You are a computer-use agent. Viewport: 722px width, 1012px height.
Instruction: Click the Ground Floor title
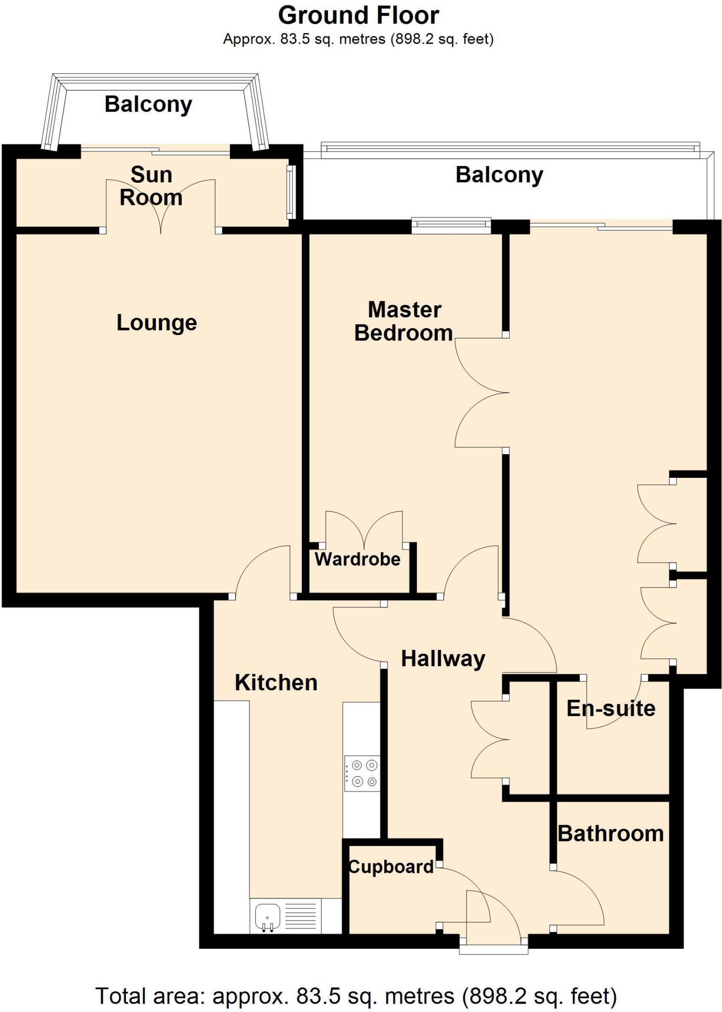tap(358, 16)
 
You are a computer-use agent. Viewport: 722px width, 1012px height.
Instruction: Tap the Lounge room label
tap(157, 323)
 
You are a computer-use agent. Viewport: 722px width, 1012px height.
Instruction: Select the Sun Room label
tap(151, 186)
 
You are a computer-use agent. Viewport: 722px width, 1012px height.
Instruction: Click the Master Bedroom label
tap(403, 322)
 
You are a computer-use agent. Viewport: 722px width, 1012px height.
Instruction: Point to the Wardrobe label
tap(358, 559)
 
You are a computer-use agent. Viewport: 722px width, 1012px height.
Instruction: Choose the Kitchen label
tap(276, 683)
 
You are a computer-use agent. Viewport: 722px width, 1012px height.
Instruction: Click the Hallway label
tap(442, 659)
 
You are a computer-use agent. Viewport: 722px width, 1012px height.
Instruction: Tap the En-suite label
tap(611, 709)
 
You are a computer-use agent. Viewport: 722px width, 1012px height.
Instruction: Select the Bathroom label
tap(610, 834)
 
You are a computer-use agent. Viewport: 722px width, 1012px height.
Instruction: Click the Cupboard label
tap(391, 867)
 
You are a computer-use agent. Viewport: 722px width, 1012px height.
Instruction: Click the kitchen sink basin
tap(267, 915)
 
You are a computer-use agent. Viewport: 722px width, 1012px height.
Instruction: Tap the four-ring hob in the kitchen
tap(362, 773)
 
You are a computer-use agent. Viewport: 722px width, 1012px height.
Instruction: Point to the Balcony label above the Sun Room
tap(148, 105)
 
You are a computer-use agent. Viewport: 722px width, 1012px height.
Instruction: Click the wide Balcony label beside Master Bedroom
tap(499, 175)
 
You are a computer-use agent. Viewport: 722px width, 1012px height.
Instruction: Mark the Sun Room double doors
tap(161, 205)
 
